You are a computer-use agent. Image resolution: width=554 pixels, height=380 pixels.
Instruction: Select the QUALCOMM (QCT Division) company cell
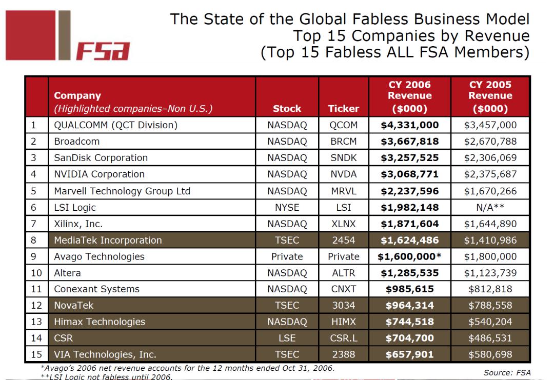pyautogui.click(x=116, y=125)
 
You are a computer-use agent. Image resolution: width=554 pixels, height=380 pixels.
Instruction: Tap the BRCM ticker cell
pyautogui.click(x=344, y=141)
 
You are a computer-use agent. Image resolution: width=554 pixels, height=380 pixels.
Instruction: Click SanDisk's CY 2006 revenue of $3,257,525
pyautogui.click(x=409, y=157)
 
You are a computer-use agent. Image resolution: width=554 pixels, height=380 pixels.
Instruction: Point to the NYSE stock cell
pyautogui.click(x=287, y=207)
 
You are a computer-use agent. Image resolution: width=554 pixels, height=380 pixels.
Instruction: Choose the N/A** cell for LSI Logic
pyautogui.click(x=490, y=207)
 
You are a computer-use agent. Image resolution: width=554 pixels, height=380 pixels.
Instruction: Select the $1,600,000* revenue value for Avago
pyautogui.click(x=409, y=256)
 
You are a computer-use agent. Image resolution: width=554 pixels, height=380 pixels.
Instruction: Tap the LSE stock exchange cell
pyautogui.click(x=287, y=338)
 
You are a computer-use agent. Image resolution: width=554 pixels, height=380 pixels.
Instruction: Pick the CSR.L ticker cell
pyautogui.click(x=344, y=338)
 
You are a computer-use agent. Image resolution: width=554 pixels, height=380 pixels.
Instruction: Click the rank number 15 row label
pyautogui.click(x=36, y=354)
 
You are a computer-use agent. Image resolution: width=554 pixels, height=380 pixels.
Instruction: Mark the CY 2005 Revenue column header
pyautogui.click(x=490, y=96)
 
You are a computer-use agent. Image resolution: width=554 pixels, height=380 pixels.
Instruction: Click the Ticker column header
pyautogui.click(x=344, y=108)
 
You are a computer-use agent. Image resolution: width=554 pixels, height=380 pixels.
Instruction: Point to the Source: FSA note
pyautogui.click(x=507, y=372)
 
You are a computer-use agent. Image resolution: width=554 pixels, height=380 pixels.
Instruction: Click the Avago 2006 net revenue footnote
pyautogui.click(x=187, y=368)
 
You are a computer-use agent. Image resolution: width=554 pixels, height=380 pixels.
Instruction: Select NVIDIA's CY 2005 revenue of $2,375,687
pyautogui.click(x=490, y=174)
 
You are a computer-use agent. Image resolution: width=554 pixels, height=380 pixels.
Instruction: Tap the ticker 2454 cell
pyautogui.click(x=344, y=240)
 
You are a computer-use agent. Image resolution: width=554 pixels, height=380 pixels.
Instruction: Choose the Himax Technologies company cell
pyautogui.click(x=100, y=322)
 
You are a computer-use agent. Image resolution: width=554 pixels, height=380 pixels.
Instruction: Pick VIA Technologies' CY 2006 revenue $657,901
pyautogui.click(x=409, y=354)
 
